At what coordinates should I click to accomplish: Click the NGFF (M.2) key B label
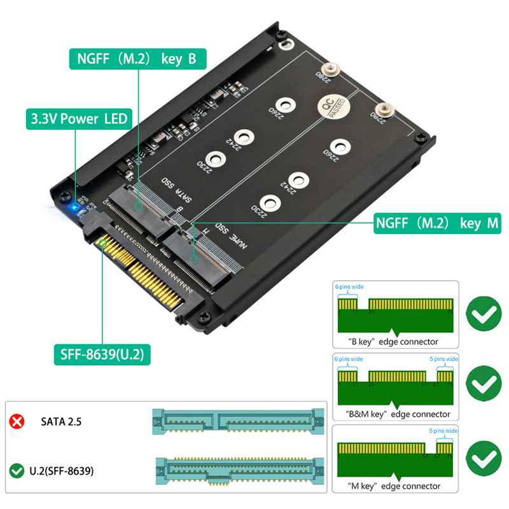[x=137, y=59]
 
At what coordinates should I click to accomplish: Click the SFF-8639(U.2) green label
[x=101, y=354]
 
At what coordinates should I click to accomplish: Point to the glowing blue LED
[x=74, y=207]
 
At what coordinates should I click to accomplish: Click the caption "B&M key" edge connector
[x=395, y=414]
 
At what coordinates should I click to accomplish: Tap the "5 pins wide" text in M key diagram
[x=442, y=431]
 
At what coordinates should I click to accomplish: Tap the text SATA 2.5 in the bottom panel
[x=61, y=421]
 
